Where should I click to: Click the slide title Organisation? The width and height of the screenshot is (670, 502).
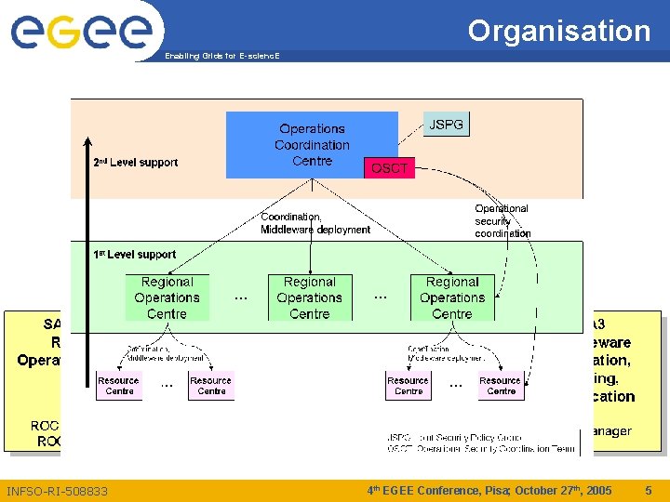[558, 31]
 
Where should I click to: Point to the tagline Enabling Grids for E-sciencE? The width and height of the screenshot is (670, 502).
[221, 56]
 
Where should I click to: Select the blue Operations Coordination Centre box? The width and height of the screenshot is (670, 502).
[312, 145]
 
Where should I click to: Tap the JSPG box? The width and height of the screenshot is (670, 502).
[446, 125]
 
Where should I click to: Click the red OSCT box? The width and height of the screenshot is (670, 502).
[389, 168]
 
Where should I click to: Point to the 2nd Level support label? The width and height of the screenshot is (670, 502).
[136, 163]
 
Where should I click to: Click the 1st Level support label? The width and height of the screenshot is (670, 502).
[134, 254]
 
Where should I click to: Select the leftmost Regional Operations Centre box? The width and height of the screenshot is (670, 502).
[167, 297]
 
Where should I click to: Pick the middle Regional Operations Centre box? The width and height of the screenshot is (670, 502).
[310, 297]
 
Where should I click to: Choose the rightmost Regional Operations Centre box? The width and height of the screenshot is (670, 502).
[452, 297]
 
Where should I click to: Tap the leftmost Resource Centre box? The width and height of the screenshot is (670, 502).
[119, 386]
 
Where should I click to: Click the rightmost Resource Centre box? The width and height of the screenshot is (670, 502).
[501, 386]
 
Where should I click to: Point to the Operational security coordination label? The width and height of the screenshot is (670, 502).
[502, 221]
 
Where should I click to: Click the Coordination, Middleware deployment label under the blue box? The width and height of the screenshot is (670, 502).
[315, 223]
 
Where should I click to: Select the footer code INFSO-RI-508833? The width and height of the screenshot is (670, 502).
[57, 491]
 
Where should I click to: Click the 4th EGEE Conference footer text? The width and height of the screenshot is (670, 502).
[489, 490]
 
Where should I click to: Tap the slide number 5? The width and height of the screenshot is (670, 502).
[649, 490]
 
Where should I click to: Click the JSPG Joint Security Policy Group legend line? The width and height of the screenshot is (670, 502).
[456, 437]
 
